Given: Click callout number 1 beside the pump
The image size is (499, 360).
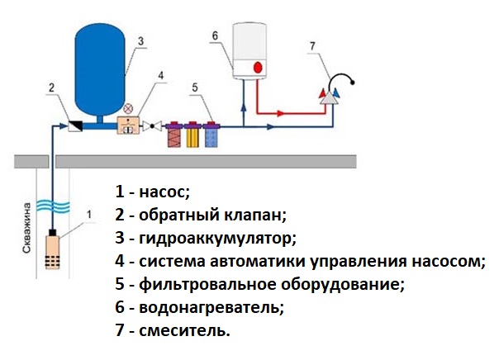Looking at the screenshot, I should (88, 216).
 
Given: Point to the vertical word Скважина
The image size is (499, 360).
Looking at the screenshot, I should (27, 225).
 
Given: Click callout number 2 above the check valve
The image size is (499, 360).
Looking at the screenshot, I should (51, 87).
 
